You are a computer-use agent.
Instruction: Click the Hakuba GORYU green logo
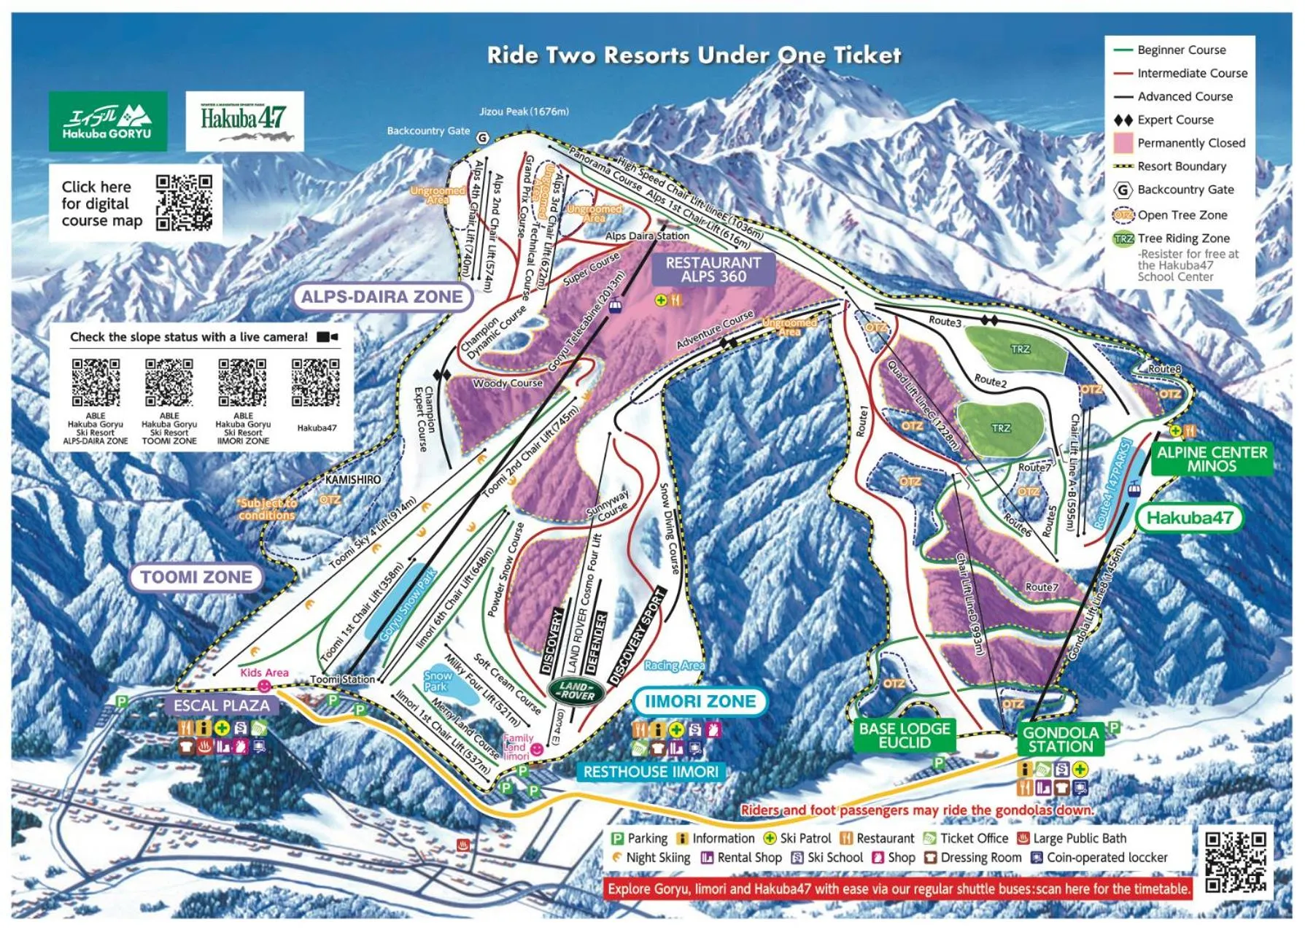click(108, 121)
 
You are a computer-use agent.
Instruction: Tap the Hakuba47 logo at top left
click(244, 121)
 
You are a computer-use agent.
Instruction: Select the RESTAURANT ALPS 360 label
click(713, 270)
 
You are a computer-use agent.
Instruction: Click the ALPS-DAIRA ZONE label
click(382, 297)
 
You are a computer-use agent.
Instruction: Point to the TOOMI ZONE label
click(195, 577)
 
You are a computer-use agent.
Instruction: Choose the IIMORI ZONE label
click(700, 702)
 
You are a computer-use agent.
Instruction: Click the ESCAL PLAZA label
click(221, 705)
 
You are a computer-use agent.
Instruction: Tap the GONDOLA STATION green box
click(1060, 740)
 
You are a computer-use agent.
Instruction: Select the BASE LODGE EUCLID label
click(905, 735)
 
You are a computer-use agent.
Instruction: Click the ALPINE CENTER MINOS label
click(1212, 459)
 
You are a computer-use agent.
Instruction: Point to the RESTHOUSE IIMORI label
click(651, 772)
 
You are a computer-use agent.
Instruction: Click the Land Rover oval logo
click(576, 690)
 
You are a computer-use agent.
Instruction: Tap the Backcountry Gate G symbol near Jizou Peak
click(482, 138)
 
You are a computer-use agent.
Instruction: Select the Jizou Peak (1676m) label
click(524, 112)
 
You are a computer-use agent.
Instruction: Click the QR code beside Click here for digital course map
click(184, 202)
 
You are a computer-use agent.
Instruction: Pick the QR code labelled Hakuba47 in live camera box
click(316, 382)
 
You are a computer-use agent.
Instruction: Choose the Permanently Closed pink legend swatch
click(1123, 143)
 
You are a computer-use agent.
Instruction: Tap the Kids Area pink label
click(264, 673)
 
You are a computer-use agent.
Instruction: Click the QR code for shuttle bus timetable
click(1235, 862)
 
